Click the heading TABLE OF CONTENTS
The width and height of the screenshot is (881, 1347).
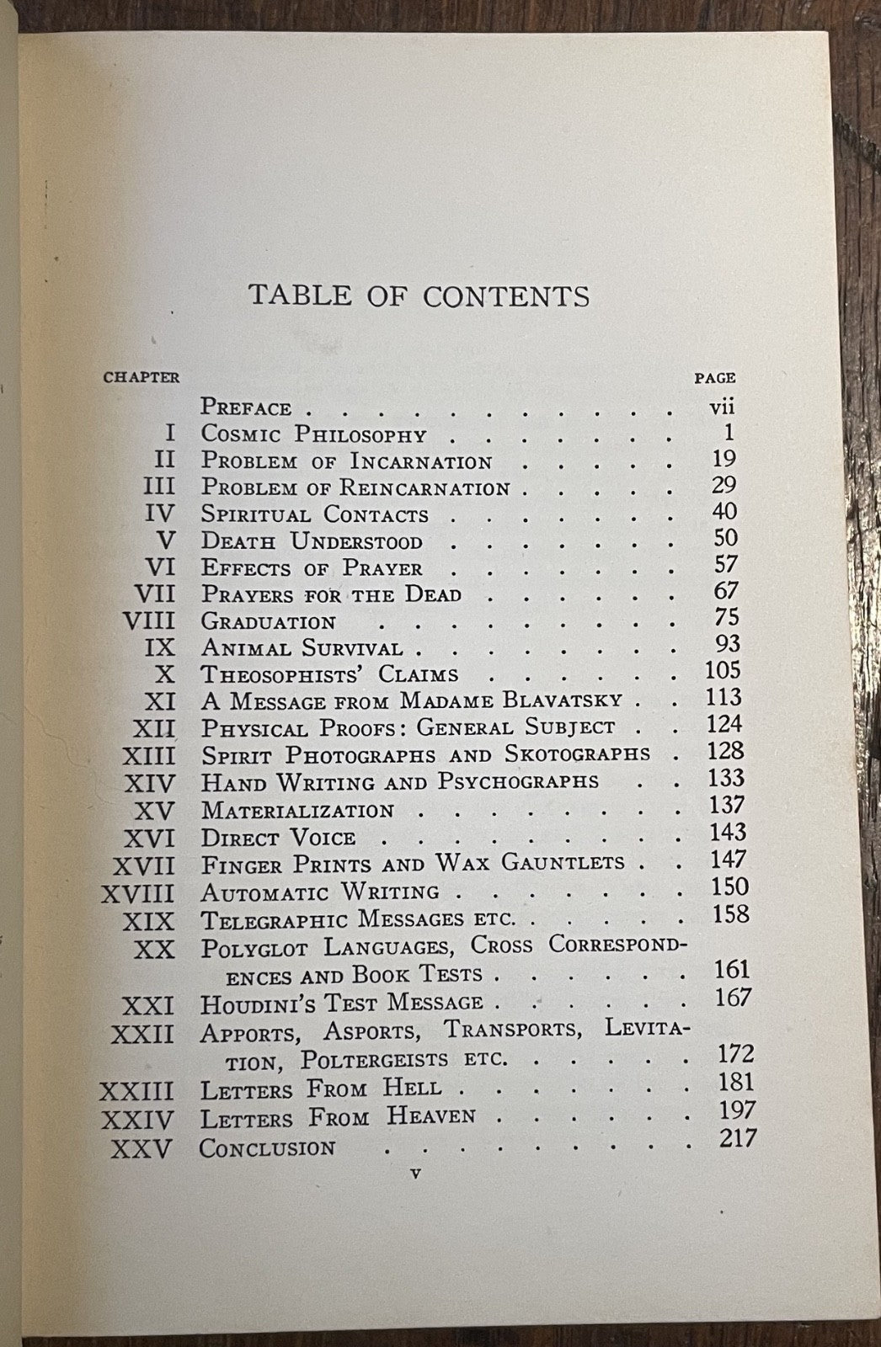coord(419,296)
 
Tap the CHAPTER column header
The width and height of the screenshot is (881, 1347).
coord(141,377)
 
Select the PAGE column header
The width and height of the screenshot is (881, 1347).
coord(714,378)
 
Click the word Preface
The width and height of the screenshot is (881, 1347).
coord(246,408)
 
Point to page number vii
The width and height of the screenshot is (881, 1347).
coord(723,407)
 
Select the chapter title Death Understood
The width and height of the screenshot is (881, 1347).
coord(312,541)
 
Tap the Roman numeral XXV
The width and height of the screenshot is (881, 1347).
coord(141,1148)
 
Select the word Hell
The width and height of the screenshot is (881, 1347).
coord(412,1088)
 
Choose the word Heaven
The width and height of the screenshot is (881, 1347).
coord(431,1116)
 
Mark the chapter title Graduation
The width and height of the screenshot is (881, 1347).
coord(269,622)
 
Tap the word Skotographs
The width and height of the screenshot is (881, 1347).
coord(578,753)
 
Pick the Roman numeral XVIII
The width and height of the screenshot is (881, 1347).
coord(137,893)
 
